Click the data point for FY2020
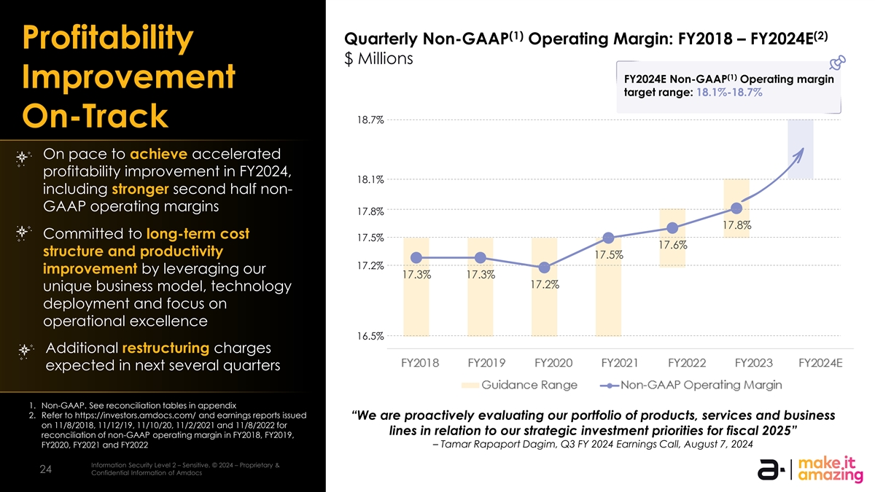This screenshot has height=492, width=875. click(545, 267)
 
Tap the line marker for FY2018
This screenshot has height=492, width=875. click(416, 257)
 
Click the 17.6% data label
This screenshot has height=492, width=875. click(673, 246)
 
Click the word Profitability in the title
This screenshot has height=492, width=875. click(107, 39)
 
